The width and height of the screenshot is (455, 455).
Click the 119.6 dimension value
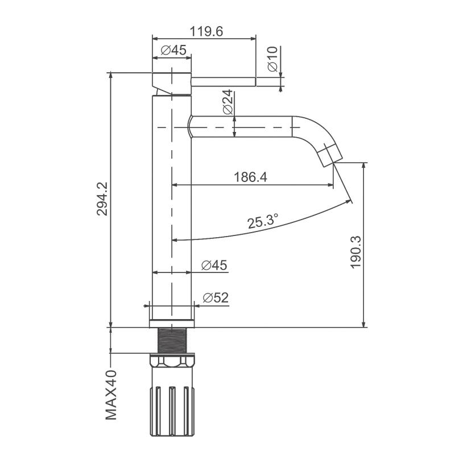click(206, 31)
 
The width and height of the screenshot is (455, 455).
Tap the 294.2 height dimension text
click(102, 198)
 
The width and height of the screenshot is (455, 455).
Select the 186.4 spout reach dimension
click(250, 177)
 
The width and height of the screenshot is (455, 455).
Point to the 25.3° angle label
click(263, 221)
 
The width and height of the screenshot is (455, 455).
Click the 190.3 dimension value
click(356, 252)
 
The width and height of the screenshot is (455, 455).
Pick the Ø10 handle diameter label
click(273, 59)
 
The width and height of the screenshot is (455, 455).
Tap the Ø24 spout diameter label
click(228, 102)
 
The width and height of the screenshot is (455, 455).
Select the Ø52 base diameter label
click(216, 297)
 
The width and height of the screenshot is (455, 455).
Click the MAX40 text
click(111, 395)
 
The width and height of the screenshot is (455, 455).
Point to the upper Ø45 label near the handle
click(173, 50)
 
